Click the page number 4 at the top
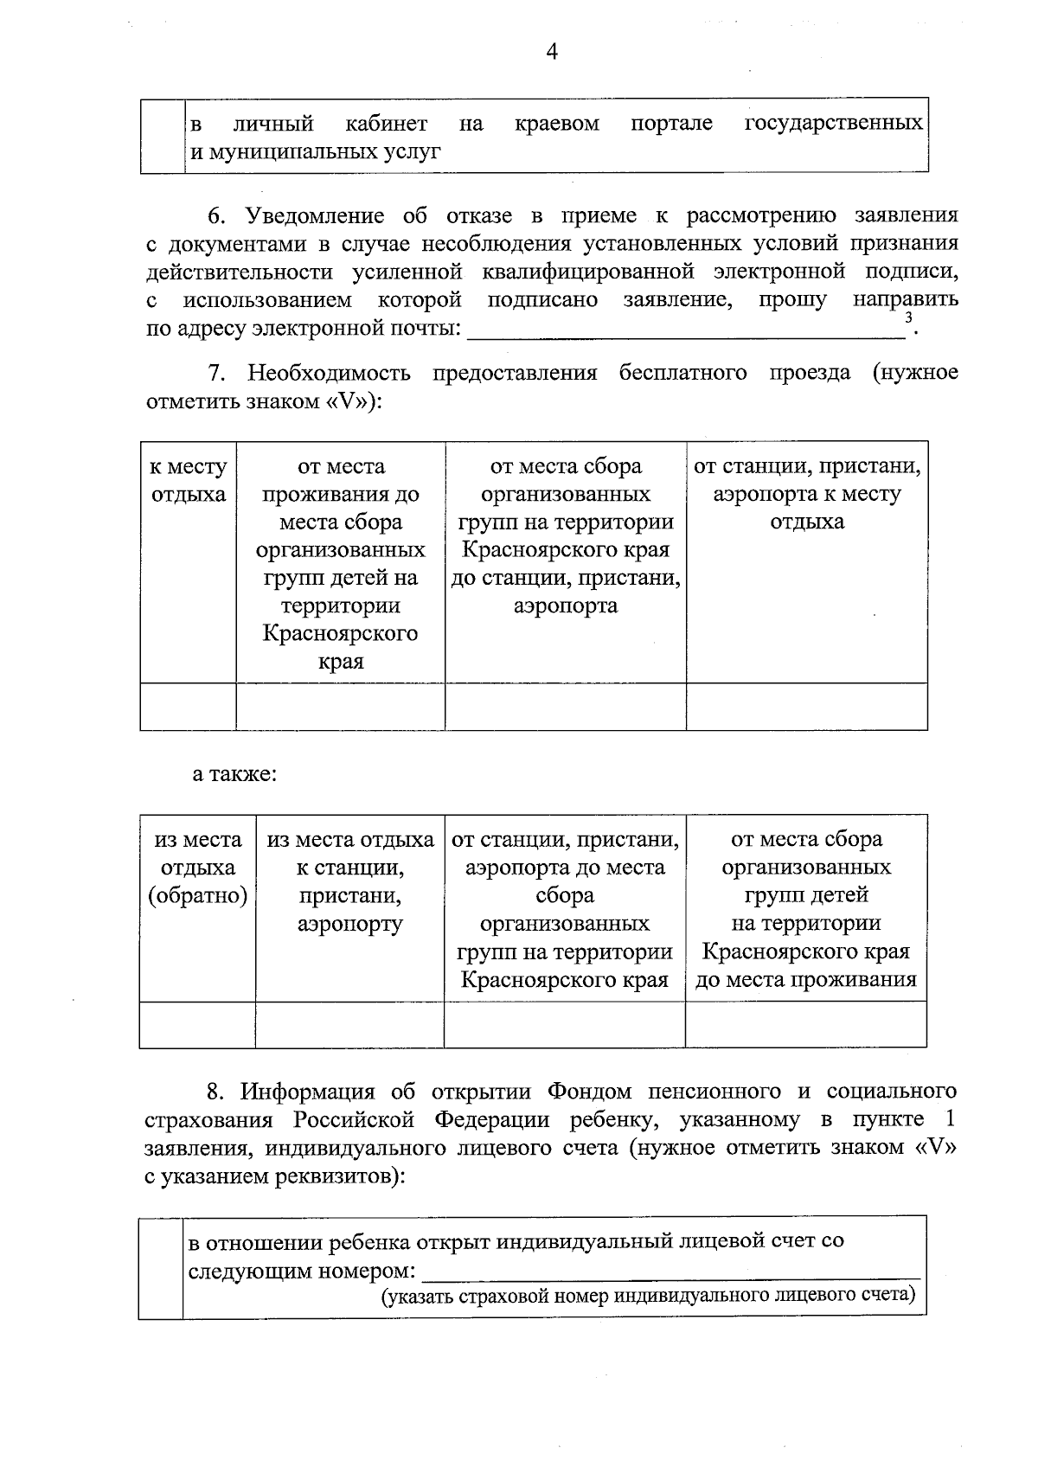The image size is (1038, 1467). tap(552, 52)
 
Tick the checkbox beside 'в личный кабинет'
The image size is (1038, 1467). tap(163, 136)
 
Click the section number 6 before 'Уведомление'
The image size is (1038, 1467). tap(216, 215)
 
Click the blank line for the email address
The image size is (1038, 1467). tap(683, 329)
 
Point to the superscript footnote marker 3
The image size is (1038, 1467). tap(907, 318)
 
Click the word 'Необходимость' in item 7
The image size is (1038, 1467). tap(329, 374)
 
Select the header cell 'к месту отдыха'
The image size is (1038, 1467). tap(189, 481)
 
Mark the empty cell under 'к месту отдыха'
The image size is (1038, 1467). tap(189, 706)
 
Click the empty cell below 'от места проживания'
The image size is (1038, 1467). tap(341, 706)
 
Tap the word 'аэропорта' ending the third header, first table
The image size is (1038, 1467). tap(566, 605)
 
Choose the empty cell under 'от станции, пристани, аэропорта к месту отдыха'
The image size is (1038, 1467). tap(807, 706)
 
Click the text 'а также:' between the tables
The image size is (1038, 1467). tap(234, 774)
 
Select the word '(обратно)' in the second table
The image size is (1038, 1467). tap(198, 896)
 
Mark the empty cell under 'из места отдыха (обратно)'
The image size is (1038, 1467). tap(197, 1025)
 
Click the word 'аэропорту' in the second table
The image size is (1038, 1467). tap(349, 924)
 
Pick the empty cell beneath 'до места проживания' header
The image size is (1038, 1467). tap(805, 1025)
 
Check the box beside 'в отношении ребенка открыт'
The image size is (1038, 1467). tap(161, 1266)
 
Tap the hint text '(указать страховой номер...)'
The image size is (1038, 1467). tap(649, 1296)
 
